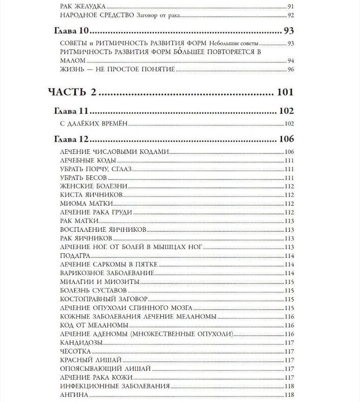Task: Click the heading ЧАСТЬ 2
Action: click(x=72, y=92)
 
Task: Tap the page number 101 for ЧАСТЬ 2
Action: click(x=285, y=92)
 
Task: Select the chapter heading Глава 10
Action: click(x=70, y=32)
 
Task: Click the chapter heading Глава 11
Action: click(x=70, y=111)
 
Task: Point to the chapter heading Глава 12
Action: click(x=70, y=139)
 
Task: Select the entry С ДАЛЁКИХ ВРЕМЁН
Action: click(x=94, y=124)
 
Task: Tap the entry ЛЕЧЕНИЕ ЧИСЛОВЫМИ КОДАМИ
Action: click(x=114, y=152)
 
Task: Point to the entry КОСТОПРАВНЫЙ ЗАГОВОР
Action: click(x=104, y=299)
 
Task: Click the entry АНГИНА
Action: click(x=74, y=395)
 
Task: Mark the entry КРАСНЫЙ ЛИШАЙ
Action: click(x=91, y=360)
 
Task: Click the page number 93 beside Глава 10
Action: click(x=289, y=32)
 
